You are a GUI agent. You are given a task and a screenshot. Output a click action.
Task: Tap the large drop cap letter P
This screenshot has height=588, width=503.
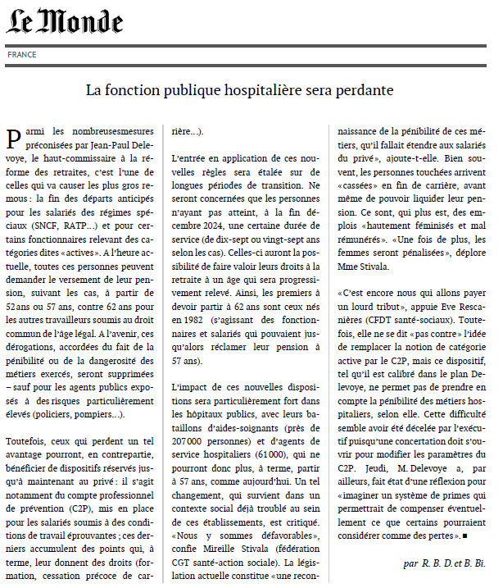click(x=14, y=138)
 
